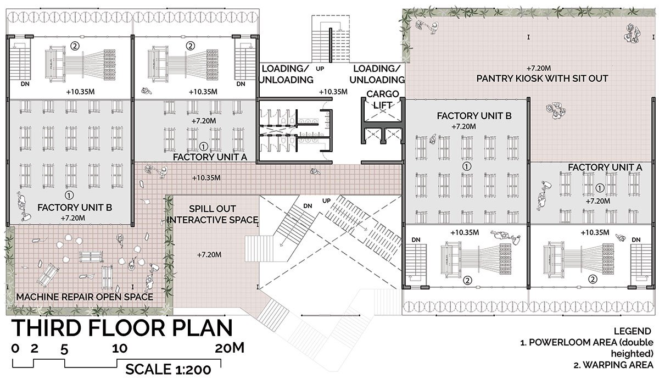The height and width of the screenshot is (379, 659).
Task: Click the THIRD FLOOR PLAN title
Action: point(122,328)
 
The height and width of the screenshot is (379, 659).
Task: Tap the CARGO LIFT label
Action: point(382,99)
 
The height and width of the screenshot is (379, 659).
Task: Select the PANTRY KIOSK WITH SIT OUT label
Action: point(542,79)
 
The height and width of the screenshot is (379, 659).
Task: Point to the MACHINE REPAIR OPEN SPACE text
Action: point(85,297)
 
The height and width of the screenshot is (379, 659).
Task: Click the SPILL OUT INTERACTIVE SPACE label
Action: point(212,214)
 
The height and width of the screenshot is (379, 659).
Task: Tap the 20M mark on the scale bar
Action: point(230,348)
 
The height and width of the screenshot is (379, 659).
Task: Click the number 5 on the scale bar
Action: point(64,350)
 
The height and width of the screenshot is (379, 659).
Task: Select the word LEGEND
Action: point(632,331)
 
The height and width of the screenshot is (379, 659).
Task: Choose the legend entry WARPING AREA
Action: point(613,365)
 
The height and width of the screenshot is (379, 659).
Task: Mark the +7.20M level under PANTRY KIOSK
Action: point(538,68)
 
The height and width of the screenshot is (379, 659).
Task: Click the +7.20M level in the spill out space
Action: point(209,254)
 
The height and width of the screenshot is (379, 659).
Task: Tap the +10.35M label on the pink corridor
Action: point(206,178)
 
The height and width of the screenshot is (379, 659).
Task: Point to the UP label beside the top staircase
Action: point(320,69)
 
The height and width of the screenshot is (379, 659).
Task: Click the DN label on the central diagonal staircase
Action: point(308,206)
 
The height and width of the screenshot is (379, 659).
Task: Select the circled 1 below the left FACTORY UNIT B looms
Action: point(69,195)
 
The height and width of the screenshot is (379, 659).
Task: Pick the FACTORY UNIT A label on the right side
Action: point(605,168)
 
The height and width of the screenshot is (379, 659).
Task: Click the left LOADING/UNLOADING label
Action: point(286,74)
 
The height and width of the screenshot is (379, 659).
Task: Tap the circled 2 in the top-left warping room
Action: point(75,46)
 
